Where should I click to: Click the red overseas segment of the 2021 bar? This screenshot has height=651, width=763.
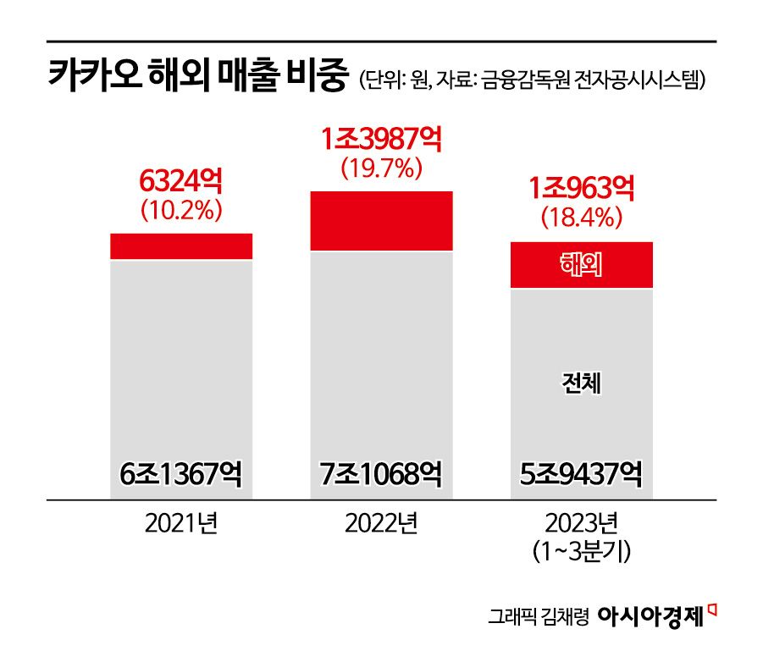coord(181,246)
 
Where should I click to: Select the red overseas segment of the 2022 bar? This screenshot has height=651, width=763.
coord(381,221)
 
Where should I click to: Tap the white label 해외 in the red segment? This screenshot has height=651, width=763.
coord(581,266)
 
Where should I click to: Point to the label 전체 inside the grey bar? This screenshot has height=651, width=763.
coord(581,386)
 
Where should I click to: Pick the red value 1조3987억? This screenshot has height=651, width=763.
coord(381,139)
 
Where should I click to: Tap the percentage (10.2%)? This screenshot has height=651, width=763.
coord(181,209)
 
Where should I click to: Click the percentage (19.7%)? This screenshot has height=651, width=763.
coord(381,168)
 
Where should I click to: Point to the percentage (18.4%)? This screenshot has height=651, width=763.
coord(581,218)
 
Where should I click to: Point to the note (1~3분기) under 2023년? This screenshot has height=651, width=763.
coord(581,552)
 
